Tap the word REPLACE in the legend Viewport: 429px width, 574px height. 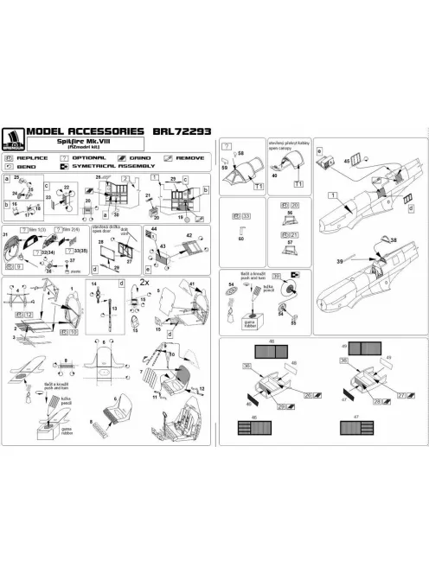[34, 158]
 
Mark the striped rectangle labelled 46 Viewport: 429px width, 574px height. [264, 426]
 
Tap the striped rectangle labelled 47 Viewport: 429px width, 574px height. [356, 426]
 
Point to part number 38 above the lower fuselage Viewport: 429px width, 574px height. [394, 239]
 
